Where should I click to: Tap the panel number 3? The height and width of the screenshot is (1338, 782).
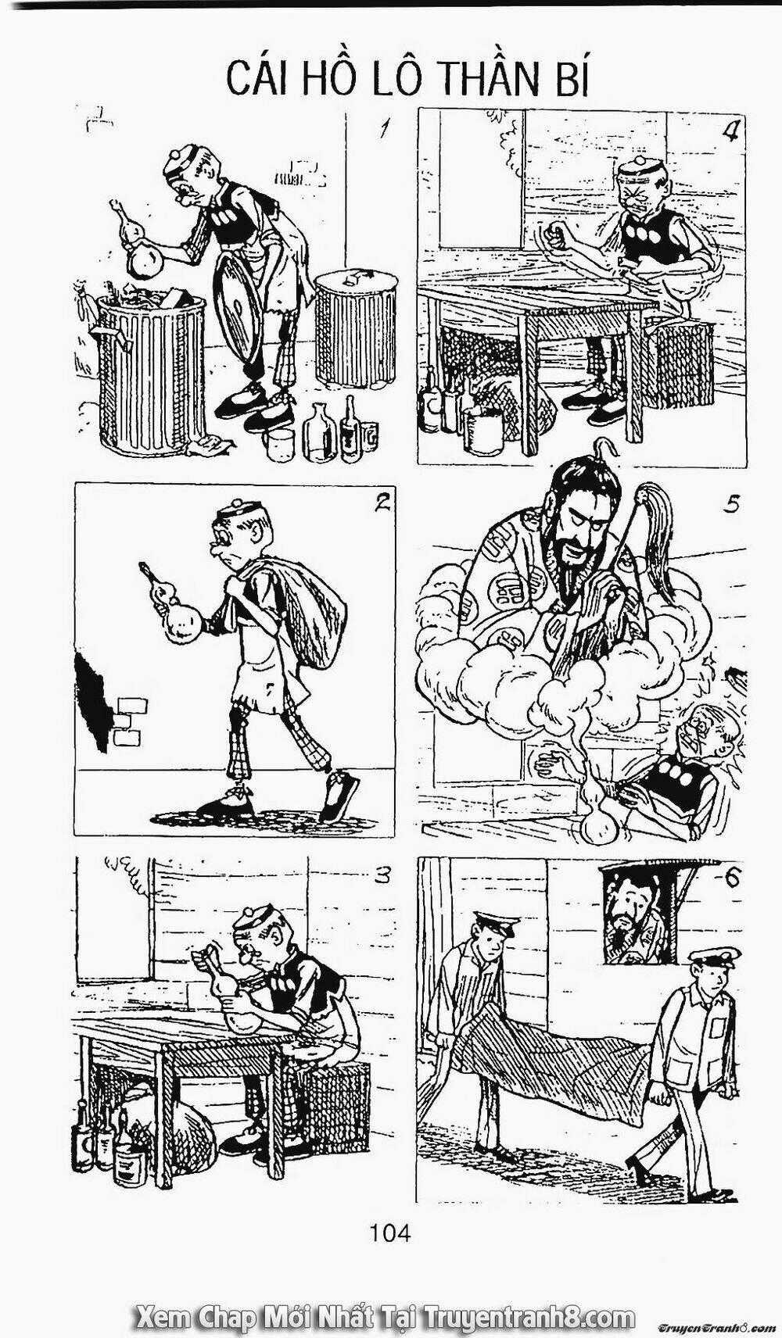(x=382, y=876)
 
